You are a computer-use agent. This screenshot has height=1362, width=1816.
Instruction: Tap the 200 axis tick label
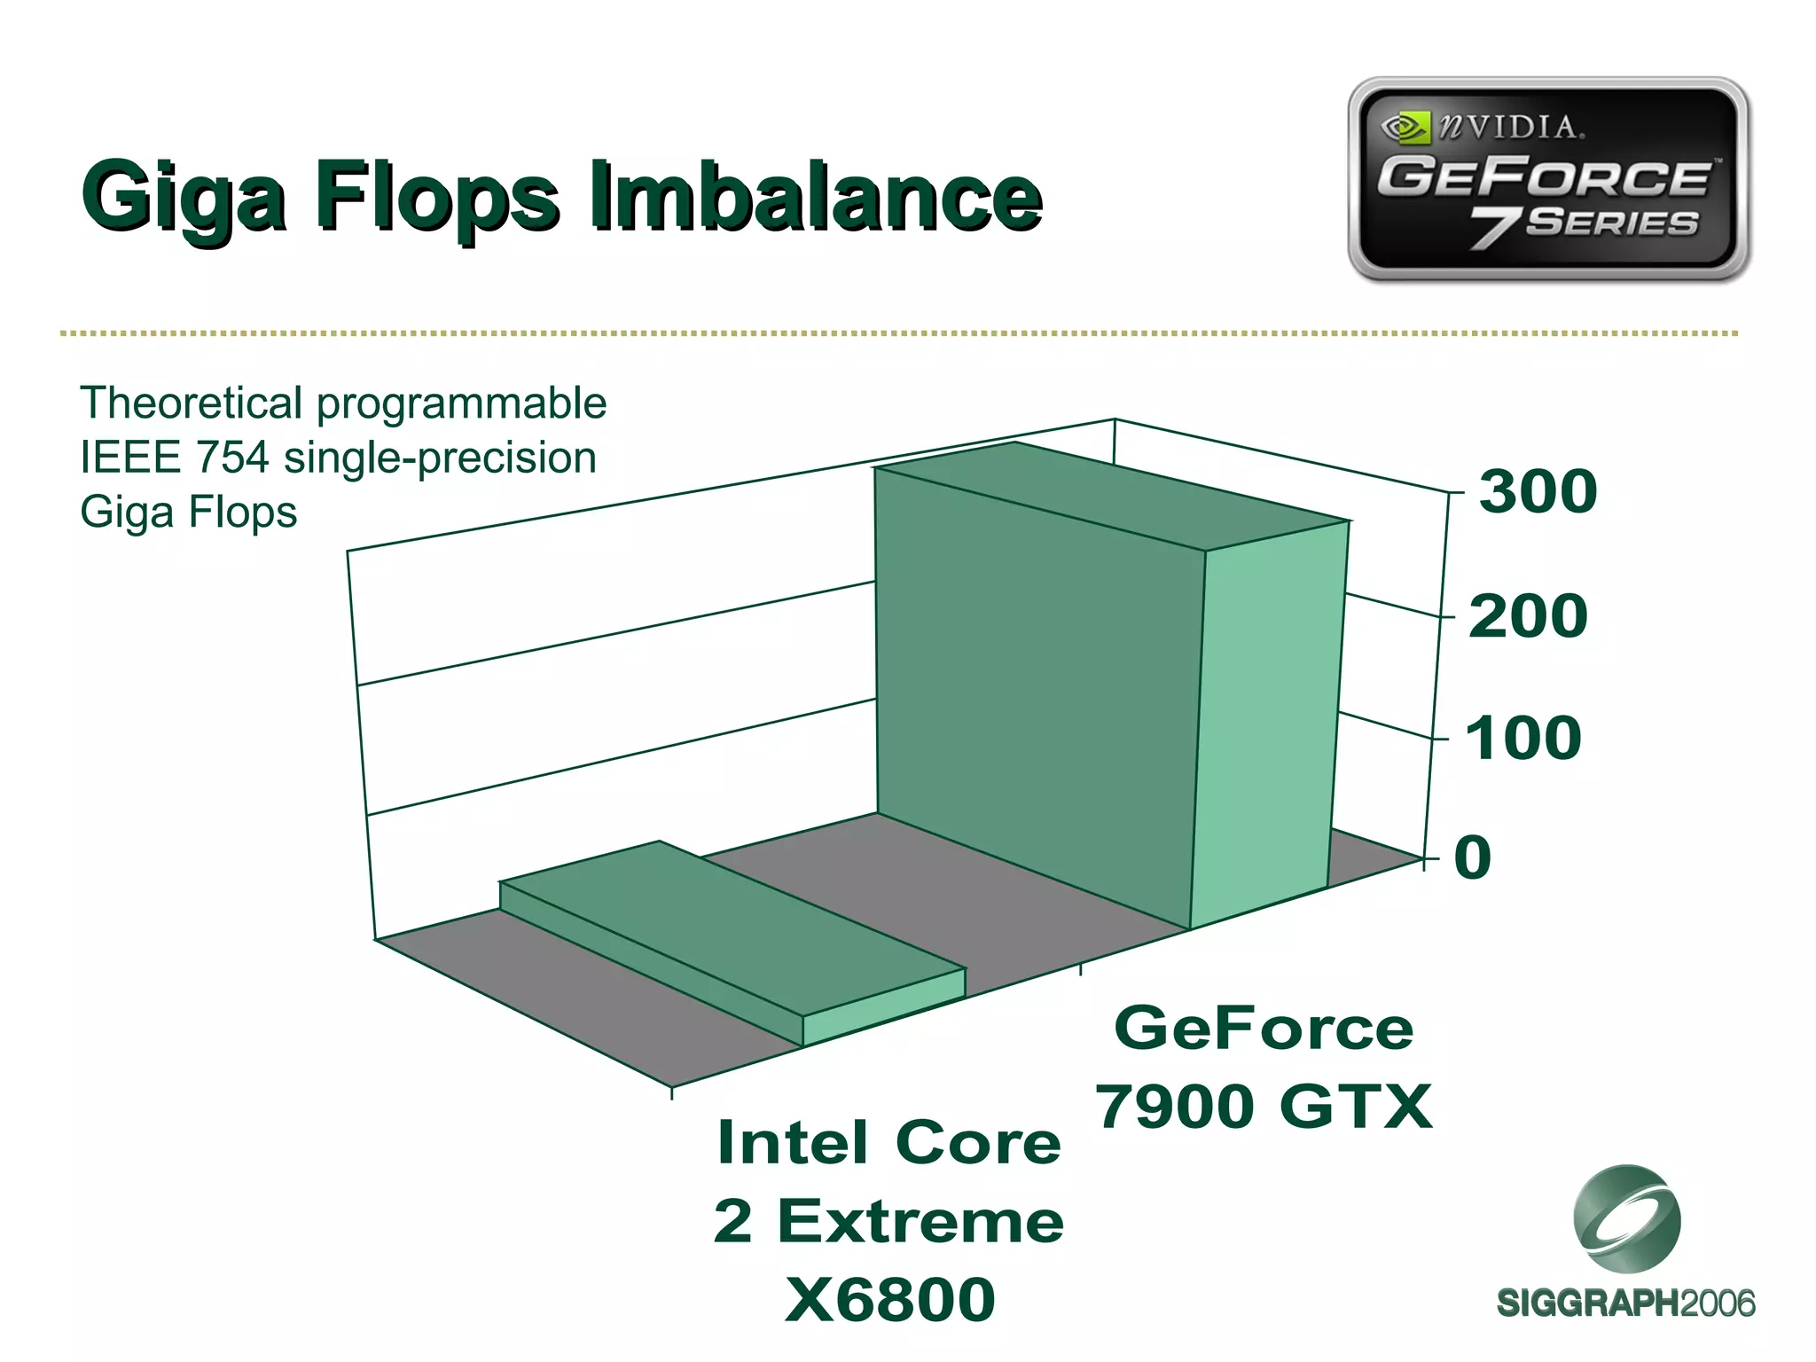(x=1528, y=616)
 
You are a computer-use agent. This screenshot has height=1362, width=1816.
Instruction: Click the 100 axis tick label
(x=1522, y=738)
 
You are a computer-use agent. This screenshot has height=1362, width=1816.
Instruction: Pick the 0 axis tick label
(x=1472, y=857)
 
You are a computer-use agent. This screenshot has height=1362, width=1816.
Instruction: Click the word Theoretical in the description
(x=191, y=403)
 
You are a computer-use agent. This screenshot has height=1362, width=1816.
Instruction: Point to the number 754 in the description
(x=232, y=458)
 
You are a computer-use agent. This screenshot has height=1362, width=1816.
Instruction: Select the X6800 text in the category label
(x=889, y=1300)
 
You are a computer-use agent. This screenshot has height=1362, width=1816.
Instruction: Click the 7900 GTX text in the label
(x=1264, y=1107)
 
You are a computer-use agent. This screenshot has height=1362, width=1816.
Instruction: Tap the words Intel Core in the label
(x=888, y=1143)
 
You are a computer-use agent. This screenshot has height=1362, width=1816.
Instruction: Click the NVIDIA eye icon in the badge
(x=1405, y=128)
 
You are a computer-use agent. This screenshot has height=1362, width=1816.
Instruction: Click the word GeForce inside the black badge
(x=1543, y=176)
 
